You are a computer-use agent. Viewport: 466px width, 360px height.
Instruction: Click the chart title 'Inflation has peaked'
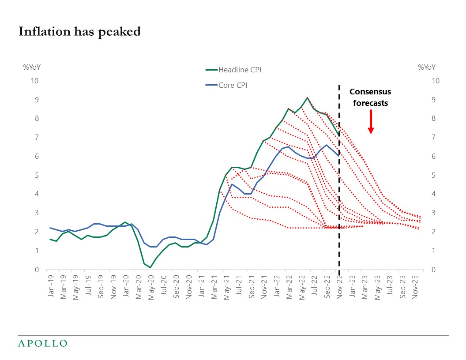click(x=79, y=32)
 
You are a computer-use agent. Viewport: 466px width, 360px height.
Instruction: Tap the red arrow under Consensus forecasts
click(x=371, y=122)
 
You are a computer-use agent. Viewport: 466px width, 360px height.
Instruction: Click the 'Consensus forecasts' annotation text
click(x=370, y=97)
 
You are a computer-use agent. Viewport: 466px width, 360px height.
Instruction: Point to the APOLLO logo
click(x=42, y=343)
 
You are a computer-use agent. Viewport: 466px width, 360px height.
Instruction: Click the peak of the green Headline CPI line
click(x=307, y=97)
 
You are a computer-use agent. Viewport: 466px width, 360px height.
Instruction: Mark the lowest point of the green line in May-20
click(x=150, y=267)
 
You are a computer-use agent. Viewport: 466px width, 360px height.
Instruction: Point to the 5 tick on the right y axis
click(x=435, y=175)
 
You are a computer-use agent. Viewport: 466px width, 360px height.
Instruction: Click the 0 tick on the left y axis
click(x=37, y=270)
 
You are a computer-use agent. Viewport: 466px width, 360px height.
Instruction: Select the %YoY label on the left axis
click(x=32, y=67)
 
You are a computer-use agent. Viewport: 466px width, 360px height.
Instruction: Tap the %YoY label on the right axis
click(x=426, y=67)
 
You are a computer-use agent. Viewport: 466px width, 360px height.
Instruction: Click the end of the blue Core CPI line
click(x=338, y=156)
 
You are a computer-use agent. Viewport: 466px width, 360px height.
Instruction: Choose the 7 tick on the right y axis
click(x=435, y=137)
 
